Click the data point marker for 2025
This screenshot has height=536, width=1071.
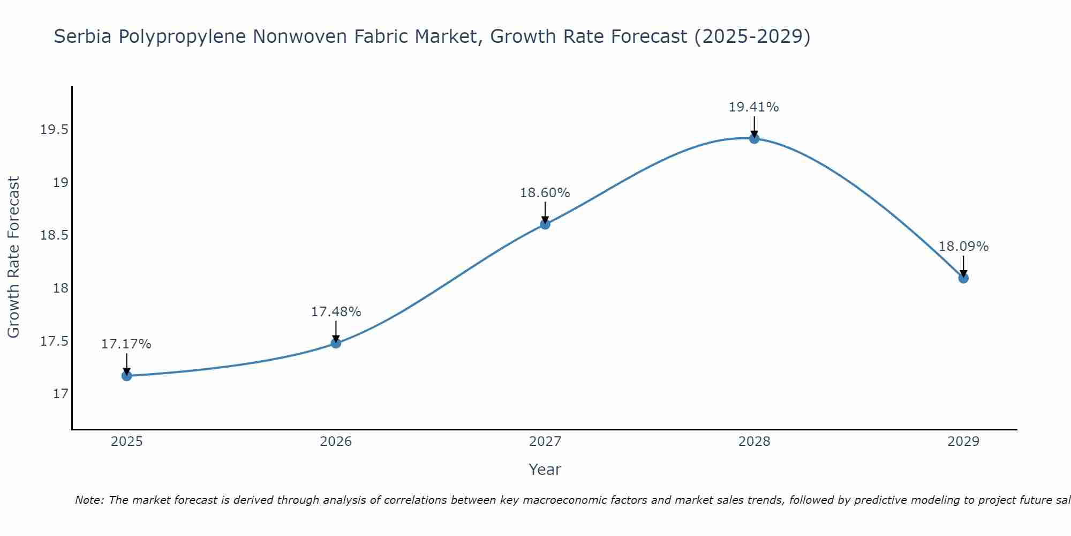click(x=126, y=376)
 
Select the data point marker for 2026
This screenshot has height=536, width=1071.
click(x=336, y=343)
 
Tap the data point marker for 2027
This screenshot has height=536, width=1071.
click(x=545, y=224)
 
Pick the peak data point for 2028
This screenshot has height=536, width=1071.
click(x=754, y=138)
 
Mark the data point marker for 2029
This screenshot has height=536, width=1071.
click(x=963, y=278)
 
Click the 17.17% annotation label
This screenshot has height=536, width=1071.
click(x=126, y=344)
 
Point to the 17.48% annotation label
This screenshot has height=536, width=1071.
click(x=336, y=311)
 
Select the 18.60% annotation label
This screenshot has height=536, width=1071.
click(x=545, y=192)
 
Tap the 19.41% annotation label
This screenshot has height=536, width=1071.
click(x=754, y=107)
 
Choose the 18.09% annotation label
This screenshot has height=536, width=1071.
click(x=963, y=247)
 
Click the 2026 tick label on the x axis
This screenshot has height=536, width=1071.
click(x=336, y=442)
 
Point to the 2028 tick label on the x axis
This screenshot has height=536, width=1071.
click(x=754, y=442)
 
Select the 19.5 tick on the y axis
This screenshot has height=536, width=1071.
click(x=54, y=130)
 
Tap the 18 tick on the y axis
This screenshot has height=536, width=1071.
click(x=61, y=288)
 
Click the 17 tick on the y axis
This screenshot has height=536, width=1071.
click(x=61, y=394)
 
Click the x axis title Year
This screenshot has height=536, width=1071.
click(x=545, y=470)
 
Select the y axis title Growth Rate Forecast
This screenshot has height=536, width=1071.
click(x=13, y=257)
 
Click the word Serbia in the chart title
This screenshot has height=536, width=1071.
click(x=83, y=36)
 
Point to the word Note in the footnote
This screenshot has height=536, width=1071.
click(x=89, y=500)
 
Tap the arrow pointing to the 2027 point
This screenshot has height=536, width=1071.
click(x=545, y=212)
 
